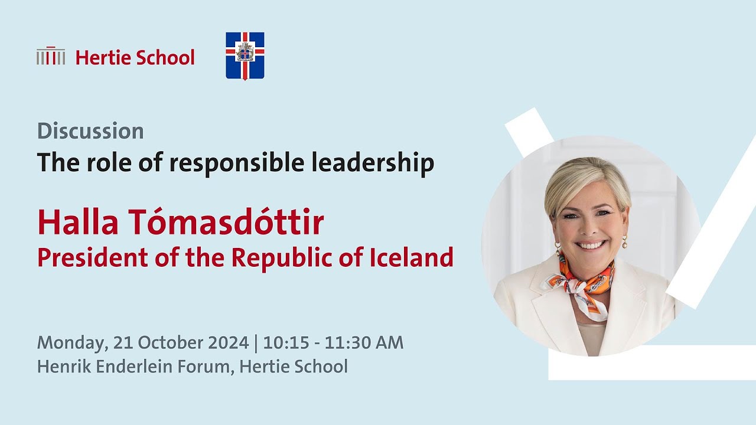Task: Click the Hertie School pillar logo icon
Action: point(50,57)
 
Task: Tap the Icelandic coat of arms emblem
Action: point(245,55)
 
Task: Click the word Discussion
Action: point(90,131)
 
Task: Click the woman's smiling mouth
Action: point(590,244)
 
